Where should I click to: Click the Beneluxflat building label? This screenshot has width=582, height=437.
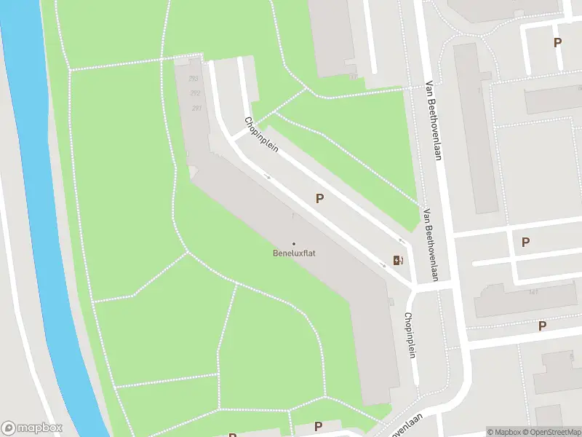[294, 253]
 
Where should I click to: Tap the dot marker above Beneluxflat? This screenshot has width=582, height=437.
[294, 244]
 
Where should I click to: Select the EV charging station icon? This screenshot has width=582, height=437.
[397, 260]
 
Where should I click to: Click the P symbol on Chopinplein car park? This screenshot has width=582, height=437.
[319, 198]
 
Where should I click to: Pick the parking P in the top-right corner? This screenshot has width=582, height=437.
[557, 42]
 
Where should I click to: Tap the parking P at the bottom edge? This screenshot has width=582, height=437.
[318, 426]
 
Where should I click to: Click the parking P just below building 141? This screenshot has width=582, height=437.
[542, 326]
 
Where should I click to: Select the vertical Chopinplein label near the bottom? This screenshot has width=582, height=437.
[410, 335]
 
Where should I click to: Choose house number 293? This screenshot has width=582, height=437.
[194, 79]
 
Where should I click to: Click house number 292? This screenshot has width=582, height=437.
[195, 93]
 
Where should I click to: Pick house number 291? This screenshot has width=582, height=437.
[196, 108]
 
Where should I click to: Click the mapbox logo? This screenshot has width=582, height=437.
[32, 428]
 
